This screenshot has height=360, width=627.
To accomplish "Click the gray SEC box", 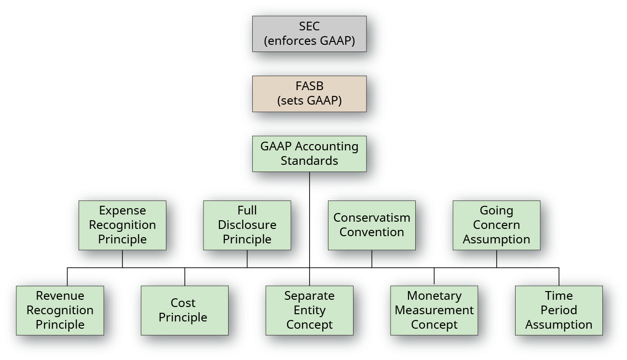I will [x=309, y=34].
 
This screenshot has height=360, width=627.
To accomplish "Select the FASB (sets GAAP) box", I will [x=309, y=93].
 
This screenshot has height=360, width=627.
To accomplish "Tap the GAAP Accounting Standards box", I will [x=309, y=154].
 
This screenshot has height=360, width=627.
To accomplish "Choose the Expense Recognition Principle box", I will [x=123, y=225].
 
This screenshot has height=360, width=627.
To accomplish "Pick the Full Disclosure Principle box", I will [x=247, y=225].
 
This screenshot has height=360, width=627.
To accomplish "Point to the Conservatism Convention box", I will [x=371, y=225].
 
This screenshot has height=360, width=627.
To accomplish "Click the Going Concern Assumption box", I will [x=496, y=225].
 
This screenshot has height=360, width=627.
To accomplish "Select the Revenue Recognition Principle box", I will [x=60, y=310].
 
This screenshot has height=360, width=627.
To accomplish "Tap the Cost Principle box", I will [x=184, y=310].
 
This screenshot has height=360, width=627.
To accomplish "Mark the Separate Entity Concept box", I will [x=309, y=310].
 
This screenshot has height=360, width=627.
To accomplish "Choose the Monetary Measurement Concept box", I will [x=434, y=310].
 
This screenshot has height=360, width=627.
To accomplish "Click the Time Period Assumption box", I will [x=559, y=310].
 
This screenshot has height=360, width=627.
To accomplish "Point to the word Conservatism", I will [x=371, y=218].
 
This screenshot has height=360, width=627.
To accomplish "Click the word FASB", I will [x=309, y=87].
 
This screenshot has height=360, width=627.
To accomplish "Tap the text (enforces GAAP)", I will [x=309, y=41].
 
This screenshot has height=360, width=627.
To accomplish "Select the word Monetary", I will [x=434, y=296].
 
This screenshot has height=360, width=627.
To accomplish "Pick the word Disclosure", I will [x=247, y=225].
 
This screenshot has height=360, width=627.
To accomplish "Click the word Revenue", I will [x=60, y=296].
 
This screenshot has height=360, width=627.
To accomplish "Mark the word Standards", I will [x=309, y=161].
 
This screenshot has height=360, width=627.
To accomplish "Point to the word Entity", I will [x=309, y=310].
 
